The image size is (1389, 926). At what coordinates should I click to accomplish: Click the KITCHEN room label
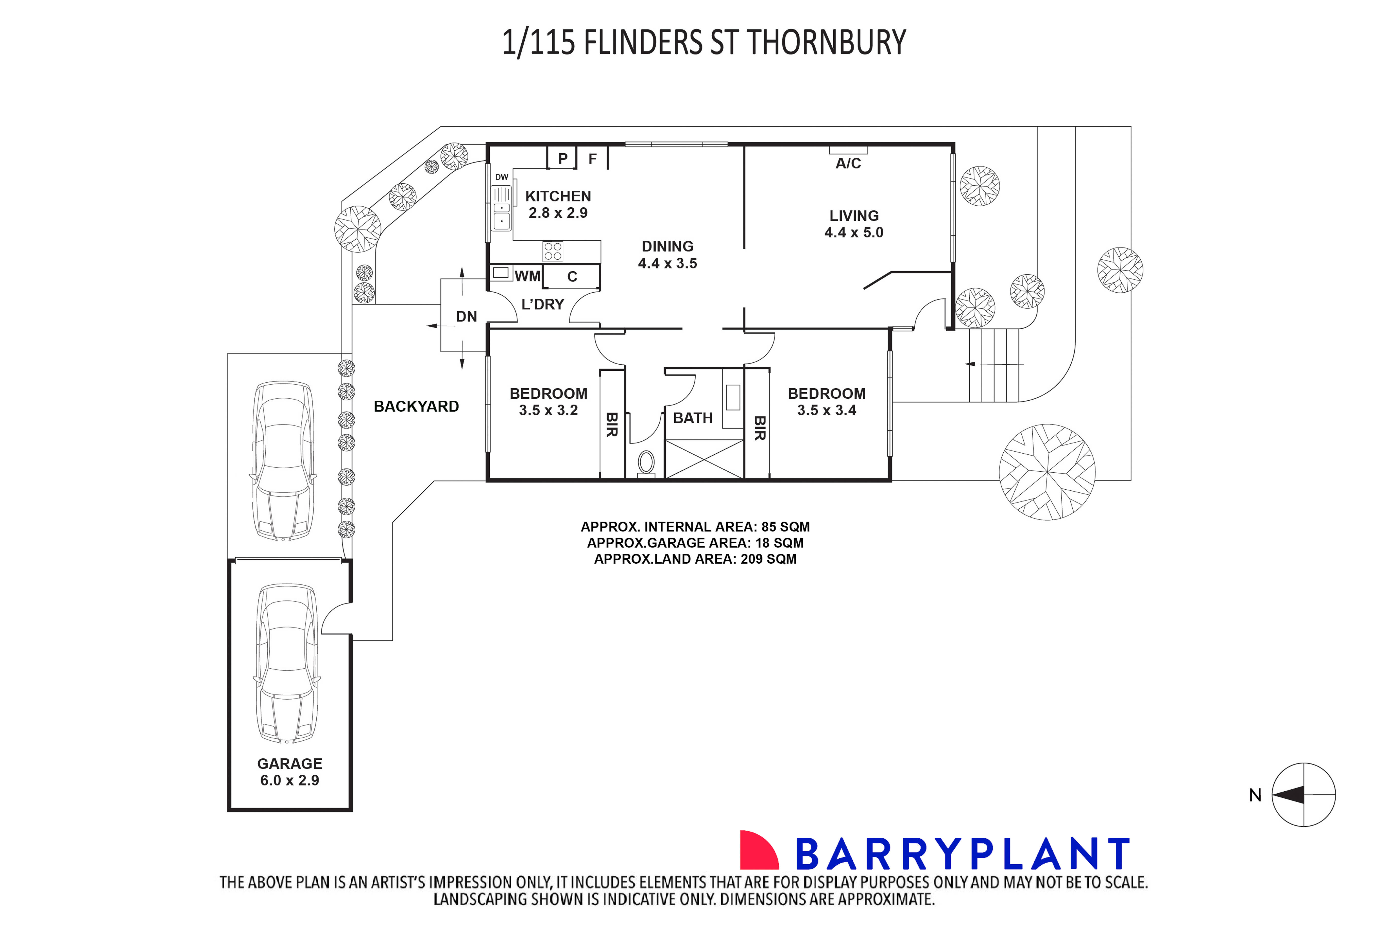[x=558, y=196]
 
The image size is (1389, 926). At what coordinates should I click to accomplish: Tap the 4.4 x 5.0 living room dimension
[x=854, y=233]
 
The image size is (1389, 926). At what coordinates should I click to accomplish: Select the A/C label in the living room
[x=848, y=164]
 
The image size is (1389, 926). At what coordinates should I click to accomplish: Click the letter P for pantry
[x=562, y=158]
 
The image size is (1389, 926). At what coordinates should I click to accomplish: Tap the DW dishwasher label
[x=502, y=177]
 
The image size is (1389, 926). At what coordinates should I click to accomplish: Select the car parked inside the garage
[x=287, y=664]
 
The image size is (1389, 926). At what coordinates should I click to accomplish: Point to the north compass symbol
[x=1303, y=795]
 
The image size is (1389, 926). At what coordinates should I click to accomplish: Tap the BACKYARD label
[x=416, y=406]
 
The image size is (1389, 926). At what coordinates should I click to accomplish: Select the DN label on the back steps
[x=466, y=316]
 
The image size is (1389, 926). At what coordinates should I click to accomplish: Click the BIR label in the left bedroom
[x=612, y=425]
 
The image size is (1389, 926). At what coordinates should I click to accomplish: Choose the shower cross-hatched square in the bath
[x=704, y=459]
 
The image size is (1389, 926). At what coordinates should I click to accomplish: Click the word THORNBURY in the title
[x=826, y=43]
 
